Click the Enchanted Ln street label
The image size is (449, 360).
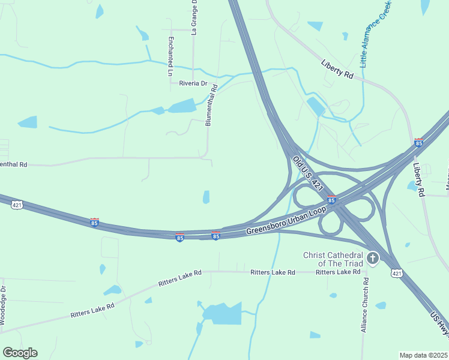(x=170, y=56)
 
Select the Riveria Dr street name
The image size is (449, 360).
(x=193, y=83)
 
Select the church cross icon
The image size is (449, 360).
(x=373, y=259)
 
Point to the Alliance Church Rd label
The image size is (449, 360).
(x=364, y=304)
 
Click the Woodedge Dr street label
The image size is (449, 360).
(x=3, y=305)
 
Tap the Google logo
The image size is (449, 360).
(x=20, y=353)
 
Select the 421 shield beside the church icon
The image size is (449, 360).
(x=396, y=273)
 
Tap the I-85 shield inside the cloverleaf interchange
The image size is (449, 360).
(x=331, y=200)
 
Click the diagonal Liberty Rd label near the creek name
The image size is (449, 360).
(x=337, y=68)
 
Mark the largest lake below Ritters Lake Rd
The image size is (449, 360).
(x=223, y=313)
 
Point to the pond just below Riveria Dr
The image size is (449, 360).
(x=181, y=107)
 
